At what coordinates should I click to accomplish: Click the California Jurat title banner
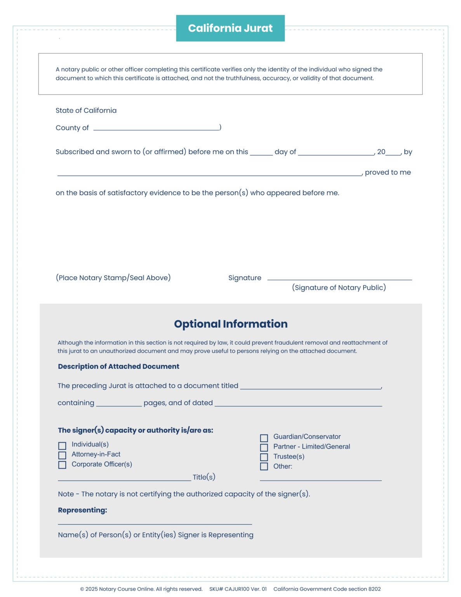(x=230, y=28)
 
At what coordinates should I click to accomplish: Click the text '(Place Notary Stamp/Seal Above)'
(x=113, y=278)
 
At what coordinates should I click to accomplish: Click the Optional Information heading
(x=230, y=324)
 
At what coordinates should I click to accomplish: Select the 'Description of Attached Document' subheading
(x=118, y=366)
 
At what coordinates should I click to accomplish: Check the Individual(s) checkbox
(x=62, y=445)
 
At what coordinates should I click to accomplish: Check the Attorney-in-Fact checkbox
(x=62, y=455)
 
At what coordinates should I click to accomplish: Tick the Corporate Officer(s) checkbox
(x=62, y=465)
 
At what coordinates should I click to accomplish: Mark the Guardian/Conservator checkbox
(x=264, y=438)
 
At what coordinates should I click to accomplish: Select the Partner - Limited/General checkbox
(x=264, y=447)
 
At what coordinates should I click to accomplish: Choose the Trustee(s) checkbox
(x=264, y=457)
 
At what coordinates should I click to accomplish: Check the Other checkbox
(x=264, y=466)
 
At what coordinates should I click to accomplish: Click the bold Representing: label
(x=82, y=510)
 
